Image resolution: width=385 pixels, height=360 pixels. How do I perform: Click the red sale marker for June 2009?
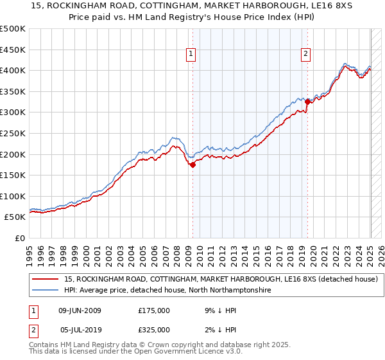(x=193, y=165)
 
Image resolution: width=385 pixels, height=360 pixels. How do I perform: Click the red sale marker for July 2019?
(x=307, y=101)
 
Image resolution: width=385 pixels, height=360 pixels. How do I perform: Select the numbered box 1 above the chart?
(x=192, y=54)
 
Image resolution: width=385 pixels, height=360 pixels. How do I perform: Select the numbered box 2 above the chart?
(x=306, y=54)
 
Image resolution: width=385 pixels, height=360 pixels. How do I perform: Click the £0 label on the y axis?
(x=20, y=238)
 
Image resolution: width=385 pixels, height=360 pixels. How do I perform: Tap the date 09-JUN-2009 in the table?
(x=80, y=310)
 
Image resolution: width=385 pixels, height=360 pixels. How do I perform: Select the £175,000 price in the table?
(x=154, y=310)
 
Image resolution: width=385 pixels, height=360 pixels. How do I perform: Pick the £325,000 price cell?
(x=154, y=330)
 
